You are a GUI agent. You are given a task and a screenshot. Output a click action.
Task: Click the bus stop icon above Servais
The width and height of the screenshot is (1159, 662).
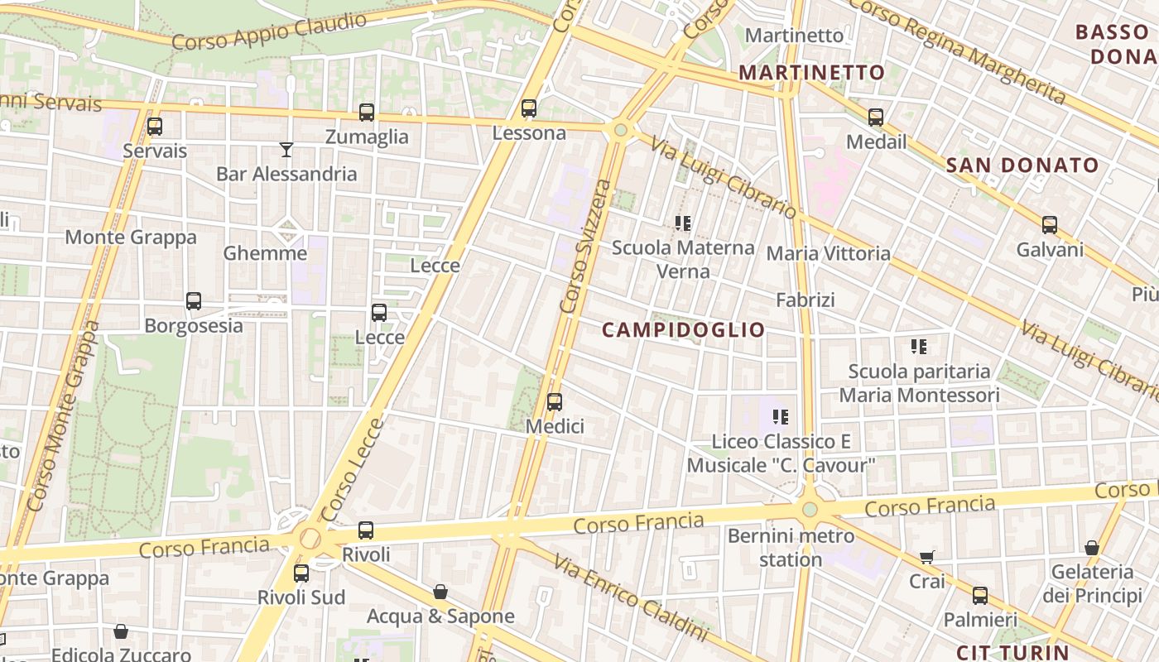(x=155, y=127)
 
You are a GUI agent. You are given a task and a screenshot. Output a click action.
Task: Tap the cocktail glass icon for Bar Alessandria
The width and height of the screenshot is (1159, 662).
(x=286, y=150)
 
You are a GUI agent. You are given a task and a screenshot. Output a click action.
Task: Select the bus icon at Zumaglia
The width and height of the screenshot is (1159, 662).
(x=367, y=113)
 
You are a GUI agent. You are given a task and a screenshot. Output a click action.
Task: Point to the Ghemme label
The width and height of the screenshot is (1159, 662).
(x=265, y=253)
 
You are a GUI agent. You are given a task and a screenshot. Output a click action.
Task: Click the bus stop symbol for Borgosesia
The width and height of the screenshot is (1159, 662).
(x=194, y=301)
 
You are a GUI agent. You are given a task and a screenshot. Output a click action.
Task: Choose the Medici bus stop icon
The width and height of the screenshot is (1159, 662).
(x=555, y=402)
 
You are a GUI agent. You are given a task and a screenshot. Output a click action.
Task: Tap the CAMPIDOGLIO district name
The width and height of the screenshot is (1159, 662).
(x=683, y=330)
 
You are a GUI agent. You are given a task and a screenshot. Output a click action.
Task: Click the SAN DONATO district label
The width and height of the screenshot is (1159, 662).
(x=1022, y=165)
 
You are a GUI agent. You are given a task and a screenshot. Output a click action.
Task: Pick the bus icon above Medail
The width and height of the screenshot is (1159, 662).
(x=876, y=118)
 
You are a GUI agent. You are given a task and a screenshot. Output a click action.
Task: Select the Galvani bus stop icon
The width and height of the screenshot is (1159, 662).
(x=1050, y=225)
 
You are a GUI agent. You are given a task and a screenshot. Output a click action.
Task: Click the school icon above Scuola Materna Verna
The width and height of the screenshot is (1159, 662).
(x=683, y=223)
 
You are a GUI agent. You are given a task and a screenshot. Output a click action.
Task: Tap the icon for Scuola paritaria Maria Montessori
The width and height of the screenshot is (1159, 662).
(x=919, y=346)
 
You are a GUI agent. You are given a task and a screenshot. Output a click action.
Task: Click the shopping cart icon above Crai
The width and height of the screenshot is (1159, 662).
(x=927, y=558)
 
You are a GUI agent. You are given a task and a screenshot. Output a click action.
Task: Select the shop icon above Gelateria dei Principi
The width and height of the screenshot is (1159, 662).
(x=1092, y=548)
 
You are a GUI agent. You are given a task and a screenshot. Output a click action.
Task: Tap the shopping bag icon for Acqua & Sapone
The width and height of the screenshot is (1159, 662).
(x=440, y=592)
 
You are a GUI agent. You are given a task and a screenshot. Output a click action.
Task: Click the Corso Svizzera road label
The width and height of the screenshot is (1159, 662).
(x=585, y=246)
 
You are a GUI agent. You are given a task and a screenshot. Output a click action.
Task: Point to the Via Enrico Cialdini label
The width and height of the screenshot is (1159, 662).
(x=631, y=597)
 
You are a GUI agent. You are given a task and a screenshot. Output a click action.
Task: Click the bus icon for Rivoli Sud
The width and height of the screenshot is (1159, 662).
(x=301, y=573)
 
